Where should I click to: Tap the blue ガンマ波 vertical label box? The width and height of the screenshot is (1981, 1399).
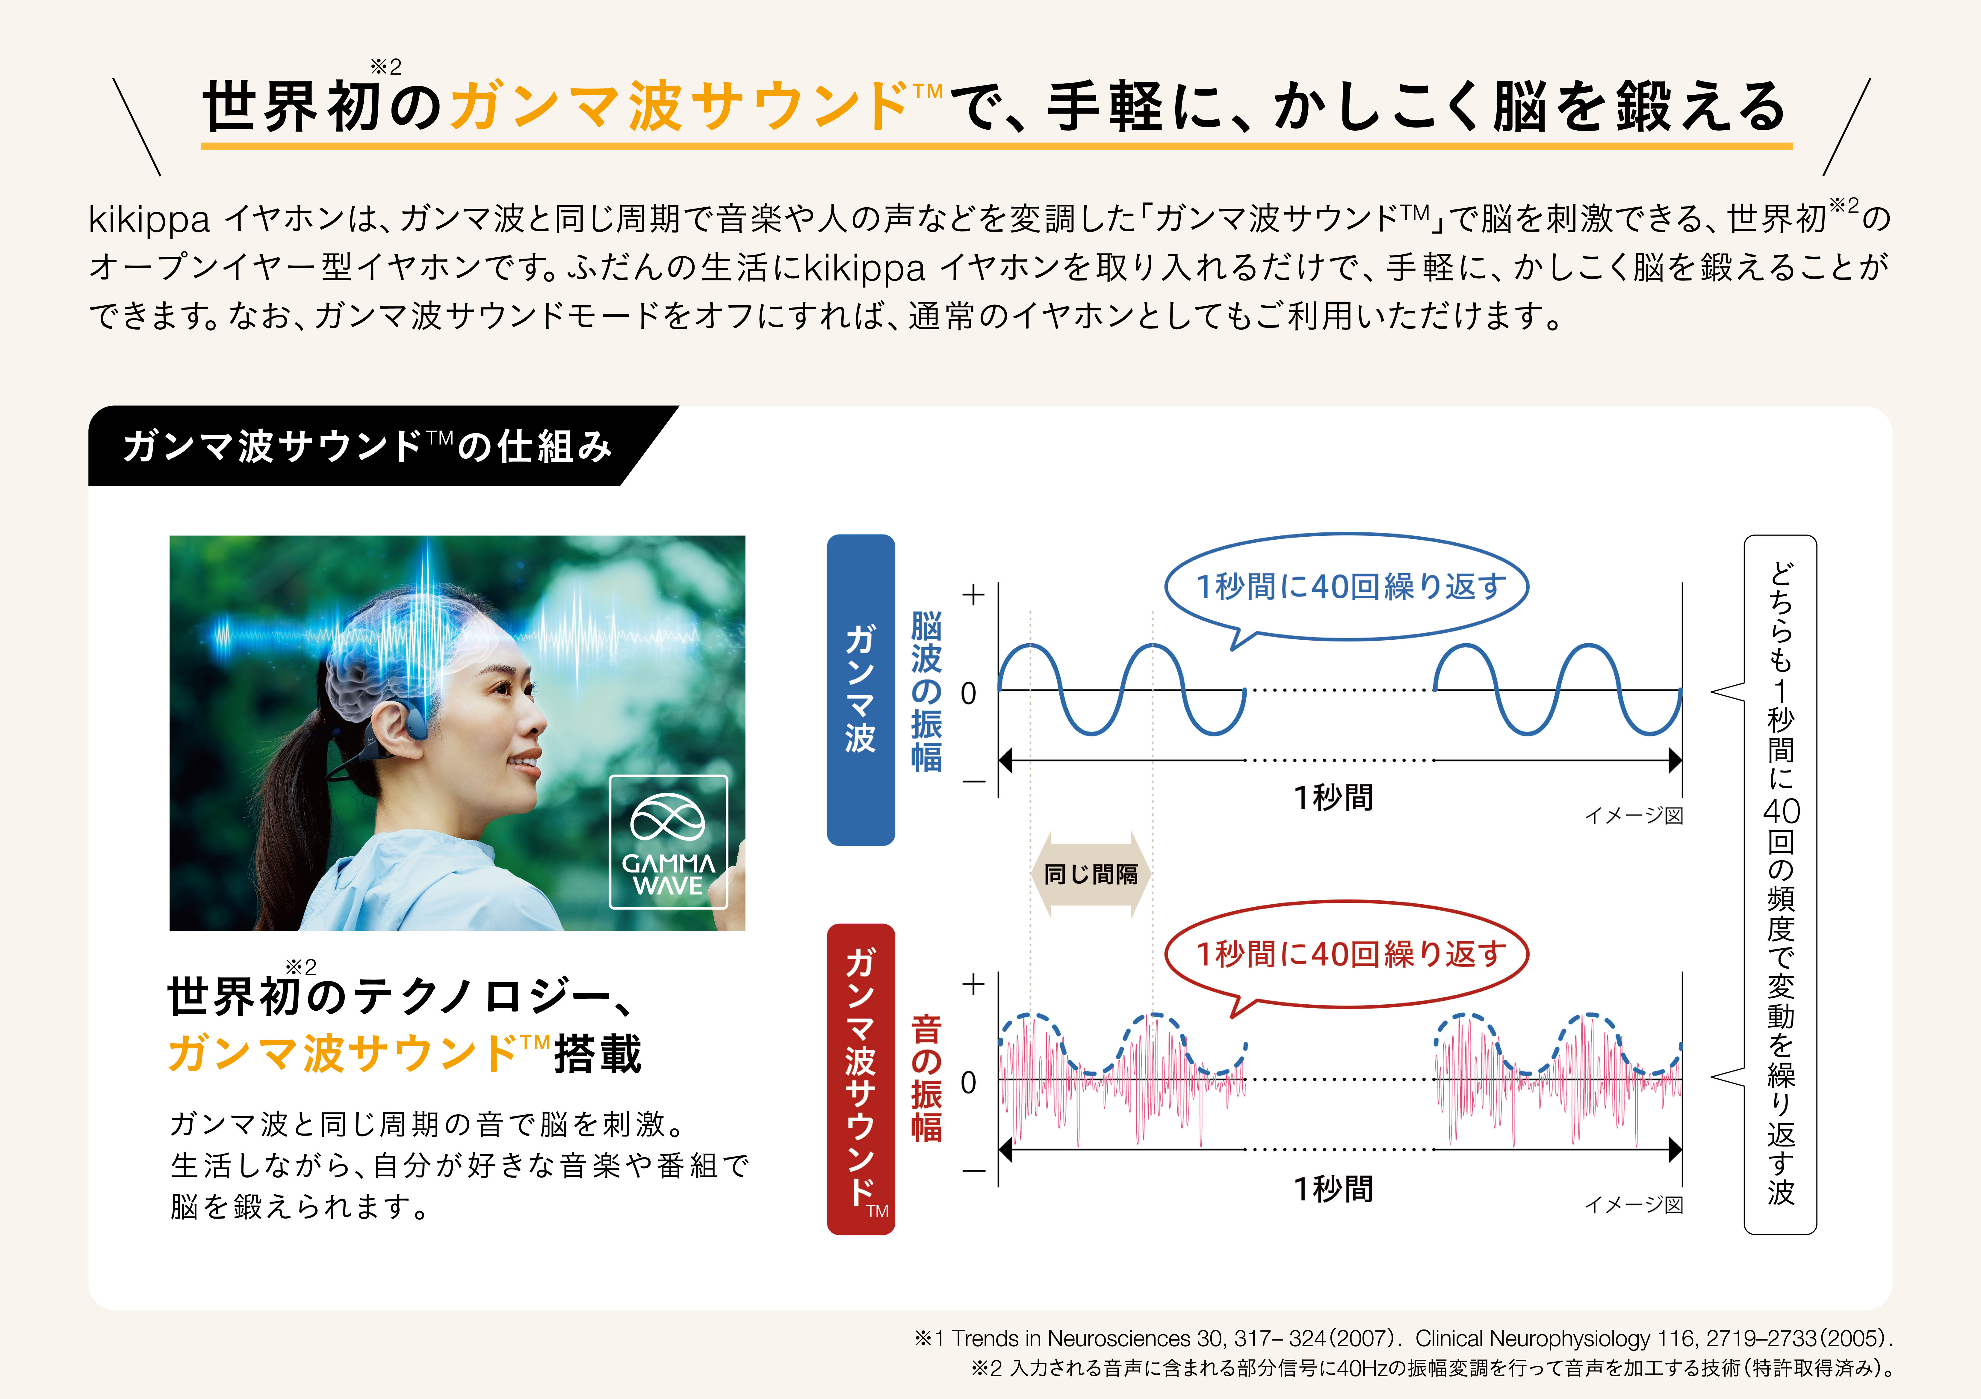click(x=860, y=689)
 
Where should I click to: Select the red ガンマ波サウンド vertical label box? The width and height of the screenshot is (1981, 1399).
click(x=860, y=1079)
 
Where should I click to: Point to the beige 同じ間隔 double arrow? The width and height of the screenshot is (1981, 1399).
click(x=1091, y=874)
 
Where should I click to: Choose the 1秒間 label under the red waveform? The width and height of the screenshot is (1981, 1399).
click(x=1333, y=1188)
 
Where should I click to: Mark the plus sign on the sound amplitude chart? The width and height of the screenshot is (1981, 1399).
click(x=973, y=984)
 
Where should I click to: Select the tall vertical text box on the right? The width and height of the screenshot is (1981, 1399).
click(x=1780, y=885)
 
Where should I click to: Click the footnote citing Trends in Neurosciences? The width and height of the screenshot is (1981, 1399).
click(x=1404, y=1338)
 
